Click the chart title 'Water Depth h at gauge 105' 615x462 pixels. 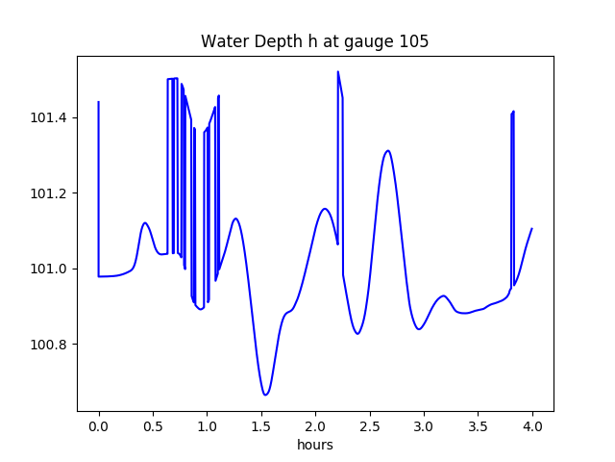(x=314, y=42)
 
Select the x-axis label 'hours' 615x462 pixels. (x=315, y=446)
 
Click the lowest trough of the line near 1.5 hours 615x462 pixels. (x=265, y=395)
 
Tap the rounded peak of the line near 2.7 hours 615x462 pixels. (x=387, y=151)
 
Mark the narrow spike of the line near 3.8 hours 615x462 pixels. (x=513, y=113)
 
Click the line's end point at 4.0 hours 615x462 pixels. (x=532, y=229)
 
